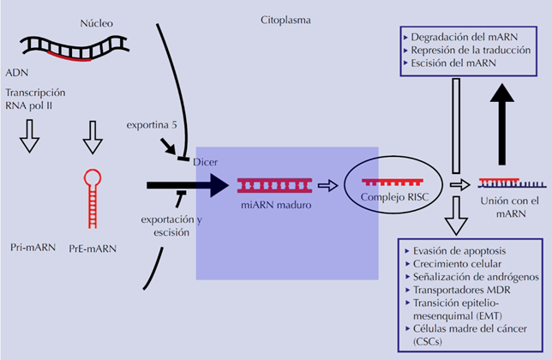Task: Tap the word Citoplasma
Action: pos(286,18)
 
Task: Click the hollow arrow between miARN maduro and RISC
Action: pos(327,184)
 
